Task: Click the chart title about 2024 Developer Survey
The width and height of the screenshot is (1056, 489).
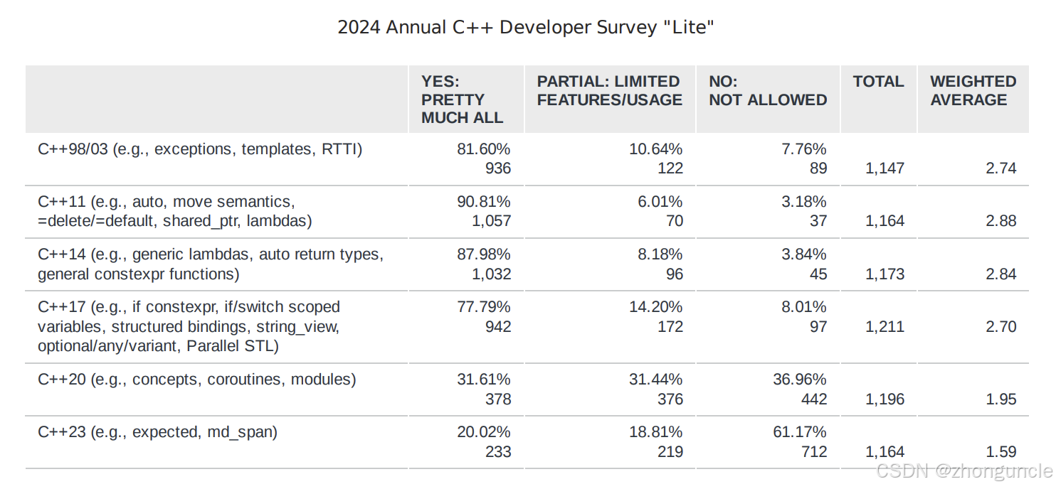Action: click(x=526, y=28)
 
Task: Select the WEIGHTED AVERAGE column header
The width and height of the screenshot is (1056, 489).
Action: click(x=973, y=91)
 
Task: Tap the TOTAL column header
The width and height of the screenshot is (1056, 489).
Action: click(x=878, y=82)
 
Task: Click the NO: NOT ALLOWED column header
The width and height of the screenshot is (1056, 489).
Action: click(x=768, y=91)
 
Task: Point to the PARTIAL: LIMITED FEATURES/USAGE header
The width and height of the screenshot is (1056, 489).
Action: click(x=609, y=91)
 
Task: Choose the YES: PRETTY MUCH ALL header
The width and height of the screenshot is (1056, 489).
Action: click(x=462, y=100)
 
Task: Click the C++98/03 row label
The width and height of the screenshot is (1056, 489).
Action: click(x=200, y=149)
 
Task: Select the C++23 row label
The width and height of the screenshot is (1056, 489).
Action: click(x=157, y=432)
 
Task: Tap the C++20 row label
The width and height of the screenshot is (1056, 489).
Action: click(x=196, y=380)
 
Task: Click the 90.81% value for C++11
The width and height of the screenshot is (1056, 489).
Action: click(x=483, y=202)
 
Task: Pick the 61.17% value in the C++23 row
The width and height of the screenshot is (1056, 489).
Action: click(x=799, y=432)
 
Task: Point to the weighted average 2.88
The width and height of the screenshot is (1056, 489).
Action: click(x=1000, y=221)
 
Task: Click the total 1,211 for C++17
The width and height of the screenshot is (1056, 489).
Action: click(x=885, y=327)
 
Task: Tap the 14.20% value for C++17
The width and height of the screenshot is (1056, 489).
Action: click(x=655, y=307)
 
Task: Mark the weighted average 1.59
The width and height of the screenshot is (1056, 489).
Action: click(x=1000, y=452)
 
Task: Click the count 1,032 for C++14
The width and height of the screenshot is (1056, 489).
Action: click(x=491, y=274)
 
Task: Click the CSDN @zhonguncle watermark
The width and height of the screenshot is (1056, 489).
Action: click(x=964, y=471)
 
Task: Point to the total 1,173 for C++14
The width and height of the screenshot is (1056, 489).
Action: click(x=885, y=274)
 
